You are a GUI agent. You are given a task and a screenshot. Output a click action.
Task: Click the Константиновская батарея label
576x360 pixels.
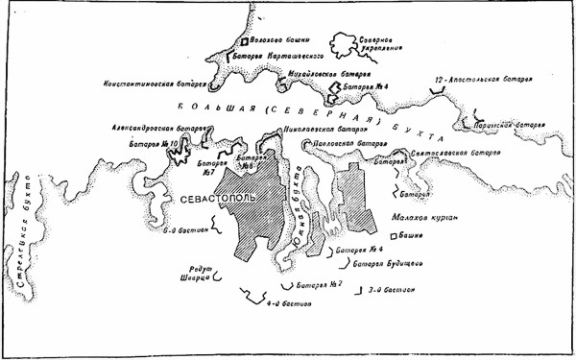pos(155,84)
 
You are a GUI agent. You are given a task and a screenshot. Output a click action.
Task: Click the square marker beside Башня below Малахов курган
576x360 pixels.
pos(394,235)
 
